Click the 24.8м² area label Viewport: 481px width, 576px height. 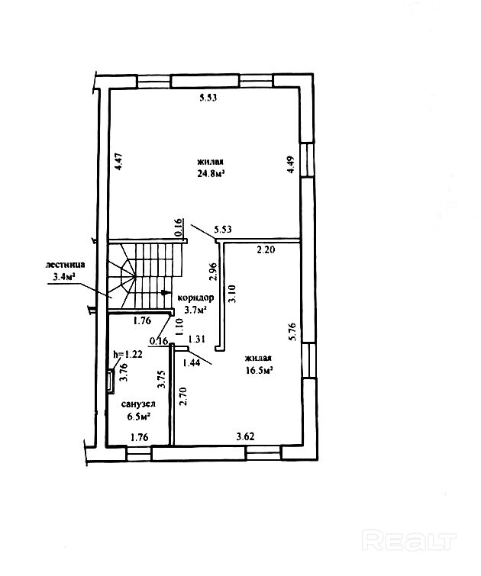(x=211, y=173)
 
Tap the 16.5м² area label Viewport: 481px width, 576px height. (x=259, y=370)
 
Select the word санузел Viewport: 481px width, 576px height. (x=138, y=404)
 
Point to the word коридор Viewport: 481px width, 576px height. (x=195, y=298)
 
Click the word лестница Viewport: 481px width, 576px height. (x=66, y=265)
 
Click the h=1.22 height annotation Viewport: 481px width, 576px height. (x=128, y=354)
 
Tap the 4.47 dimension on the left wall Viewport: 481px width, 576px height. (x=118, y=162)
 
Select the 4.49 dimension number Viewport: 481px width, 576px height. (x=290, y=165)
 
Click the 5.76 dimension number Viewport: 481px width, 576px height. (x=293, y=332)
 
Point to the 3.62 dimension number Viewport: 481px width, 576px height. (x=245, y=436)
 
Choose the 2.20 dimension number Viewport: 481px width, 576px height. (x=266, y=250)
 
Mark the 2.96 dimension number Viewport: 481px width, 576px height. (x=213, y=271)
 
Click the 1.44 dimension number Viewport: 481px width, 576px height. (x=192, y=363)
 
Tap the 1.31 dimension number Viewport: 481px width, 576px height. (x=197, y=339)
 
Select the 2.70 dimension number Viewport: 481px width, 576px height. (x=182, y=396)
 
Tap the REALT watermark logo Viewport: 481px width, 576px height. (x=409, y=540)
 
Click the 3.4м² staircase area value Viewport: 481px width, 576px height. (x=62, y=277)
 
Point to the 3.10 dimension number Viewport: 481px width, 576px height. (x=232, y=293)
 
